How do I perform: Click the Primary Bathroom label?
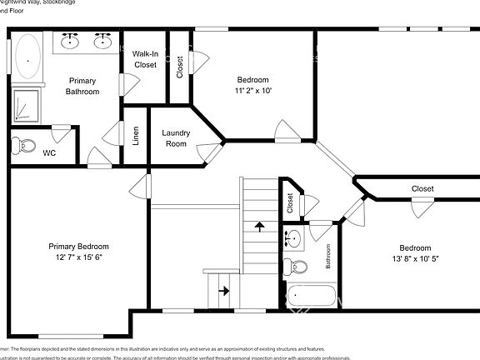pyautogui.click(x=82, y=86)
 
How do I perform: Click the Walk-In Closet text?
pyautogui.click(x=145, y=58)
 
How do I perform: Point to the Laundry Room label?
pyautogui.click(x=175, y=138)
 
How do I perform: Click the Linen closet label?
pyautogui.click(x=136, y=135)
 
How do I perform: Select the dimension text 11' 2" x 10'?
pyautogui.click(x=254, y=90)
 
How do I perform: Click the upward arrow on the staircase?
pyautogui.click(x=259, y=226)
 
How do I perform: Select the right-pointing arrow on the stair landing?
pyautogui.click(x=222, y=291)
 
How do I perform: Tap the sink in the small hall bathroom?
pyautogui.click(x=292, y=239)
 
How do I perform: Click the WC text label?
pyautogui.click(x=49, y=153)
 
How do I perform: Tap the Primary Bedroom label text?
pyautogui.click(x=78, y=247)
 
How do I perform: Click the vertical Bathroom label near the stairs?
pyautogui.click(x=328, y=256)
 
